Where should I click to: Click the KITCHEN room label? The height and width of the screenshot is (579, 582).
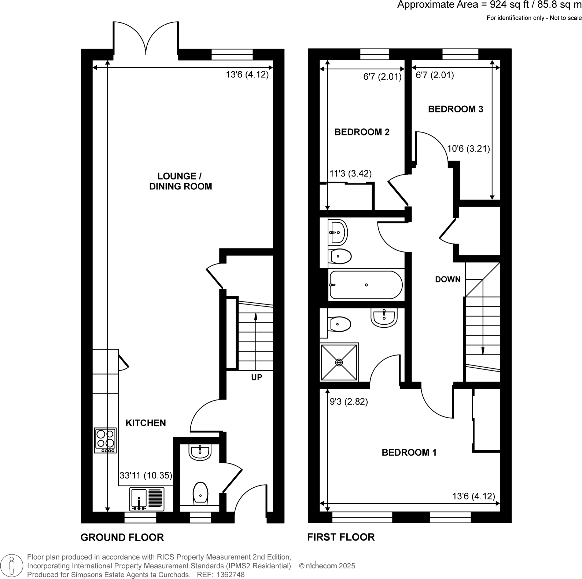pyautogui.click(x=145, y=423)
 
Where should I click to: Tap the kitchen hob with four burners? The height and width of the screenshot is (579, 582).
pyautogui.click(x=106, y=440)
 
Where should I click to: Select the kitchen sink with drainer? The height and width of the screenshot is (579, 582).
pyautogui.click(x=147, y=499)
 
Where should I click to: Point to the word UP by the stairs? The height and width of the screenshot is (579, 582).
pyautogui.click(x=257, y=377)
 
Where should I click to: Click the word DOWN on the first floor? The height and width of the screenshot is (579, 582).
pyautogui.click(x=447, y=280)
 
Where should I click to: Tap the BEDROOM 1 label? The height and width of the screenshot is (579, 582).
pyautogui.click(x=409, y=452)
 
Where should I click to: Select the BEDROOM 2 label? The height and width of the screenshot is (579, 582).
pyautogui.click(x=362, y=132)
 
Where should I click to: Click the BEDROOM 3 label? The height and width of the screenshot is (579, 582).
pyautogui.click(x=455, y=109)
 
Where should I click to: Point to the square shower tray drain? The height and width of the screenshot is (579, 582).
pyautogui.click(x=339, y=363)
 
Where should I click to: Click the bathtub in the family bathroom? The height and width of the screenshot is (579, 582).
pyautogui.click(x=366, y=285)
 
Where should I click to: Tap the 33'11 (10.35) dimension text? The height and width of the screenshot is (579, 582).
pyautogui.click(x=146, y=476)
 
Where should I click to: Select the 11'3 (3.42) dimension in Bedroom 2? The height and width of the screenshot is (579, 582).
pyautogui.click(x=350, y=174)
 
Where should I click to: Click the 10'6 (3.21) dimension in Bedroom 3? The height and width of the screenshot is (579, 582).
pyautogui.click(x=468, y=149)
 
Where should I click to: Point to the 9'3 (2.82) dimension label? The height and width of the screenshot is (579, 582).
pyautogui.click(x=349, y=402)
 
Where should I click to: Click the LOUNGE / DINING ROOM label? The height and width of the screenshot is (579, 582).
pyautogui.click(x=180, y=181)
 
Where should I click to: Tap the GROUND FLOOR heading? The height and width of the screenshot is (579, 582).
pyautogui.click(x=122, y=538)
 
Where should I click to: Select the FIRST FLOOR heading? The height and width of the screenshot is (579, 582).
pyautogui.click(x=341, y=537)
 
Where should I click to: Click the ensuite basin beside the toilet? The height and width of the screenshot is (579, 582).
pyautogui.click(x=384, y=317)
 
